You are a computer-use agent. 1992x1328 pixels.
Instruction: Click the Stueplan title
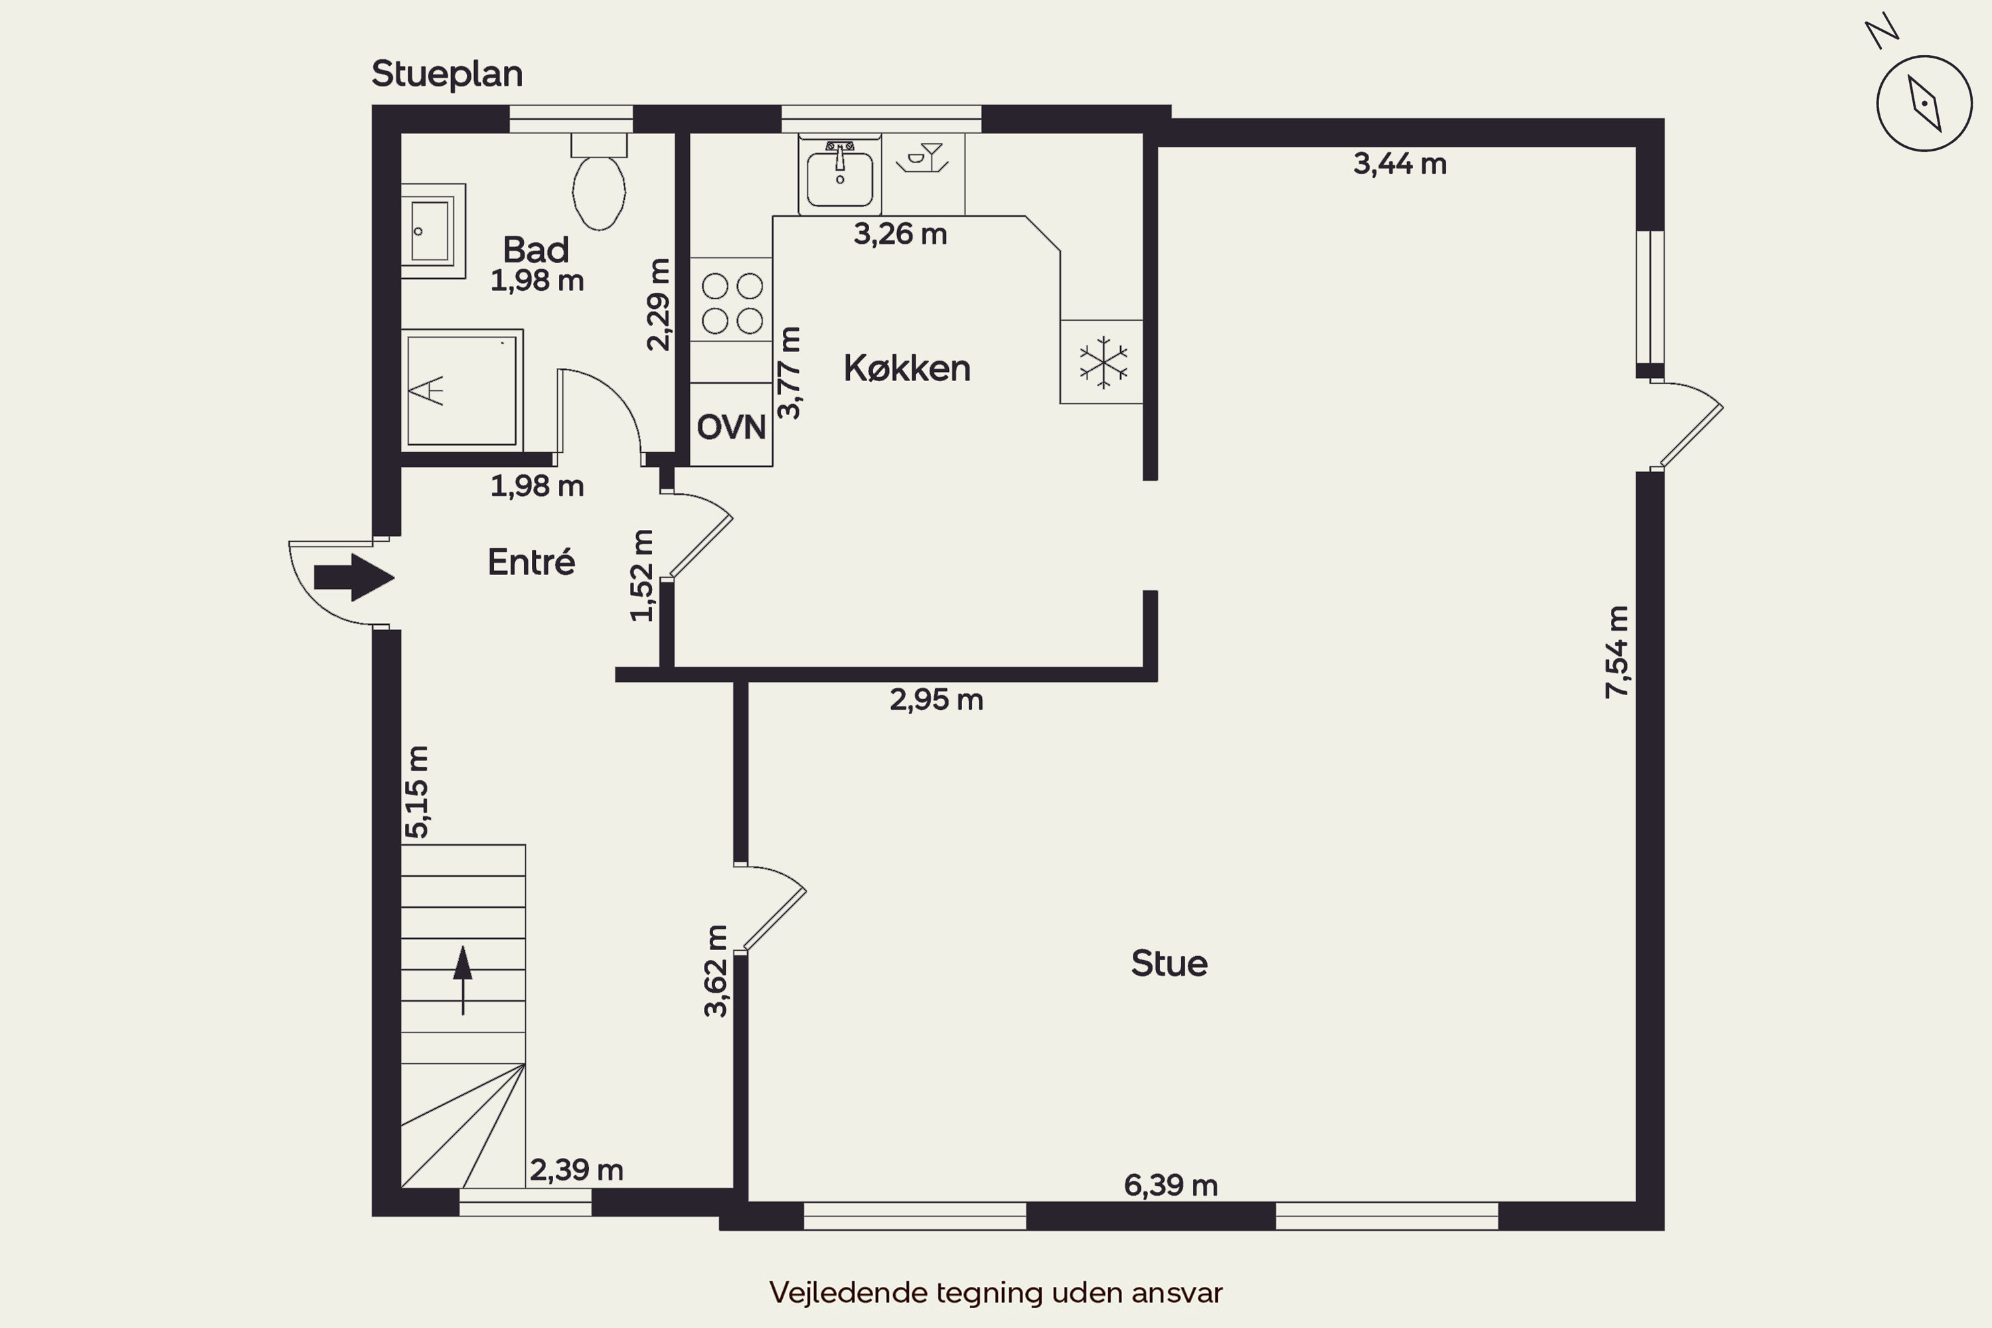coord(446,74)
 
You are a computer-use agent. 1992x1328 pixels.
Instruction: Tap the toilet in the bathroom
coord(599,181)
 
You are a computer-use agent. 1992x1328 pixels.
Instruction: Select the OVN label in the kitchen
coord(731,427)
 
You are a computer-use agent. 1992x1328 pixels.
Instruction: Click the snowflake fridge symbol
coord(1104,363)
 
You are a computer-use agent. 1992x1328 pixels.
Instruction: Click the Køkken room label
coord(906,369)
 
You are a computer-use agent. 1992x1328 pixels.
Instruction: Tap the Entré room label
coord(531,562)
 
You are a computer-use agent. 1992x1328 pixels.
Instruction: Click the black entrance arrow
coord(354,578)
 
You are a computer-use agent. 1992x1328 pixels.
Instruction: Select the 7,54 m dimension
coord(1617,652)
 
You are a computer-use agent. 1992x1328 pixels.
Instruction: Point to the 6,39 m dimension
coord(1171,1185)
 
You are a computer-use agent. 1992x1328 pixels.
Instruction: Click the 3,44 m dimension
coord(1399,163)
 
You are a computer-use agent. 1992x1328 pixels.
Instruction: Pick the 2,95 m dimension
coord(936,700)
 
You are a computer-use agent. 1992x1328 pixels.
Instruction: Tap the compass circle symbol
coord(1925,104)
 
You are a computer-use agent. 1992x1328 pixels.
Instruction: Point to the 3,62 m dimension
coord(716,971)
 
